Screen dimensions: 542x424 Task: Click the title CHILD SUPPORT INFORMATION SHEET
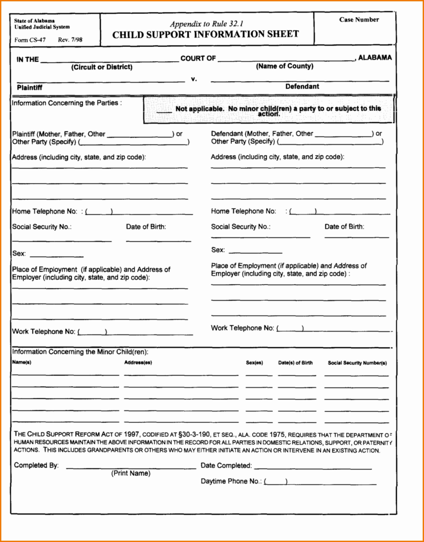pyautogui.click(x=205, y=34)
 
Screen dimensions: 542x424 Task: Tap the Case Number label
pyautogui.click(x=359, y=20)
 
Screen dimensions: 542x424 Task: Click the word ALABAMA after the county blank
pyautogui.click(x=375, y=57)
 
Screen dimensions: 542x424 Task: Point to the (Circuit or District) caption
pyautogui.click(x=102, y=67)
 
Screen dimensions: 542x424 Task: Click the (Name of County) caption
pyautogui.click(x=284, y=66)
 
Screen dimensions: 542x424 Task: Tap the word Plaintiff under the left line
pyautogui.click(x=30, y=87)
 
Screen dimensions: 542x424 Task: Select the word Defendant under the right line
pyautogui.click(x=302, y=86)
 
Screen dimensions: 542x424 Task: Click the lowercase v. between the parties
pyautogui.click(x=194, y=79)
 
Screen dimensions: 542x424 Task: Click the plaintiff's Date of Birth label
pyautogui.click(x=146, y=226)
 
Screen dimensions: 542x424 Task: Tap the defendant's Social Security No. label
pyautogui.click(x=240, y=226)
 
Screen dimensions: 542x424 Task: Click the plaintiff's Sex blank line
pyautogui.click(x=56, y=257)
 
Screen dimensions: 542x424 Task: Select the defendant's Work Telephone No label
pyautogui.click(x=242, y=328)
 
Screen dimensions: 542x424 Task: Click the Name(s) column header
pyautogui.click(x=22, y=363)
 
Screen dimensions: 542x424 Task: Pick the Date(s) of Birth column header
pyautogui.click(x=295, y=363)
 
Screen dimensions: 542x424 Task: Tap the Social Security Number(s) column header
pyautogui.click(x=357, y=363)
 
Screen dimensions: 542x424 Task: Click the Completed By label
pyautogui.click(x=36, y=465)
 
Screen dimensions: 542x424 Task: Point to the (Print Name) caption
pyautogui.click(x=131, y=474)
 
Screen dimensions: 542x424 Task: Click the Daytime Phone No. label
pyautogui.click(x=231, y=481)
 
